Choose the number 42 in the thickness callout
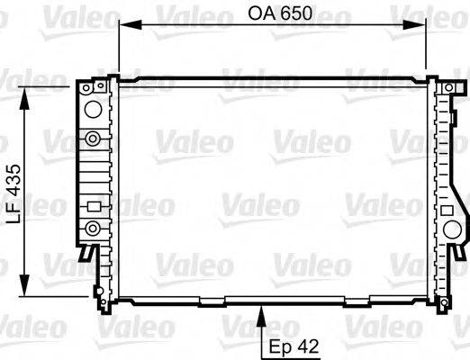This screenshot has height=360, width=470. pyautogui.click(x=306, y=345)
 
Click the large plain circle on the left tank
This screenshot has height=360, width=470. pyautogui.click(x=91, y=110)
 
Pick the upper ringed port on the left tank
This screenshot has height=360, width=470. pyautogui.click(x=92, y=138)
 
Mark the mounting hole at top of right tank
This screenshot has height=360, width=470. pyautogui.click(x=448, y=87)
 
